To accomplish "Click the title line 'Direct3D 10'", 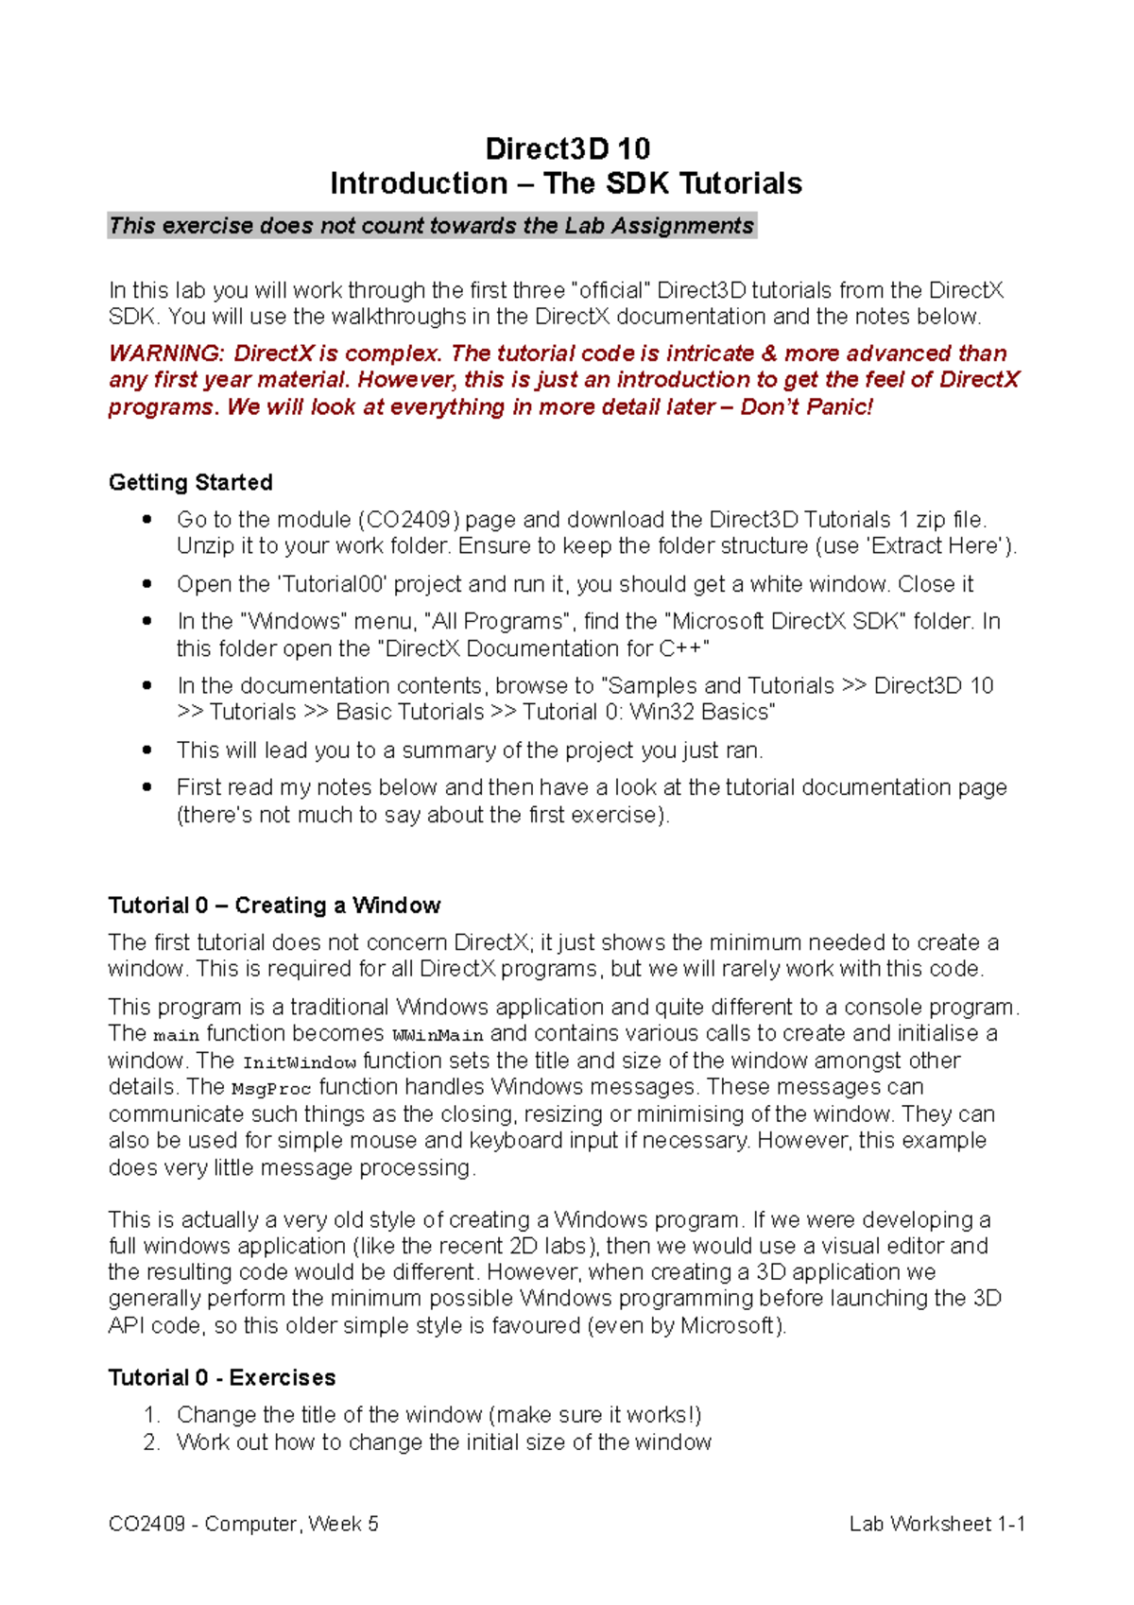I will click(x=567, y=148).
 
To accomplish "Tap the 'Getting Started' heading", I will click(x=191, y=482).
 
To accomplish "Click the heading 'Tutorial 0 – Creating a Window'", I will click(x=274, y=906).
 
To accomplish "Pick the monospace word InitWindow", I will click(x=300, y=1062).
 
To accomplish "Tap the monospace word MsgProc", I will click(x=271, y=1089).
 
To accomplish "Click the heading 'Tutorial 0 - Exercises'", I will click(x=222, y=1378).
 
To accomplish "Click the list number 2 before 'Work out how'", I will click(x=150, y=1442).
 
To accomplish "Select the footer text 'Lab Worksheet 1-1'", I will click(x=936, y=1524).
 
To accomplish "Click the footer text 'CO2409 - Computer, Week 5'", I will click(x=244, y=1524).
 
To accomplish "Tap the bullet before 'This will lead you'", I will click(x=146, y=750).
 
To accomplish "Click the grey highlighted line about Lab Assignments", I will click(x=431, y=226).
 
